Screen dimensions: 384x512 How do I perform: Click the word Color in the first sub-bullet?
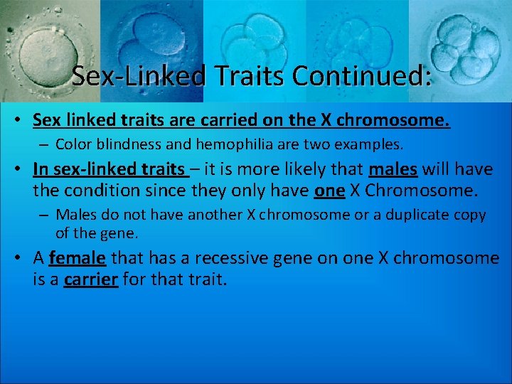71,144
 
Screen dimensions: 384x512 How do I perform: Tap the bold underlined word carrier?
91,279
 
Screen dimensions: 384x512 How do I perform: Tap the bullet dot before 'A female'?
21,258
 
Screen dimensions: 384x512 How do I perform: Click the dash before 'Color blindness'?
45,144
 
